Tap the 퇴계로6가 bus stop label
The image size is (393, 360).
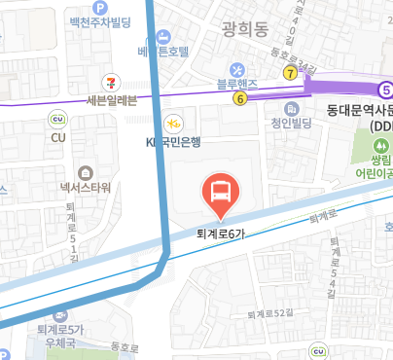pos(219,233)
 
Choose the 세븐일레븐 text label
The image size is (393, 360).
pos(112,99)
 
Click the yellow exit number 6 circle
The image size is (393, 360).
pos(239,97)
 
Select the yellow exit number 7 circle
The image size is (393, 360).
pos(290,73)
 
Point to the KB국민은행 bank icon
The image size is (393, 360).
pos(173,124)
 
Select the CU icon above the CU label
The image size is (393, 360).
pos(57,120)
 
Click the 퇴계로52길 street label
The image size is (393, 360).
pos(269,313)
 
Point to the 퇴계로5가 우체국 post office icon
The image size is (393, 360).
pos(61,314)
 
